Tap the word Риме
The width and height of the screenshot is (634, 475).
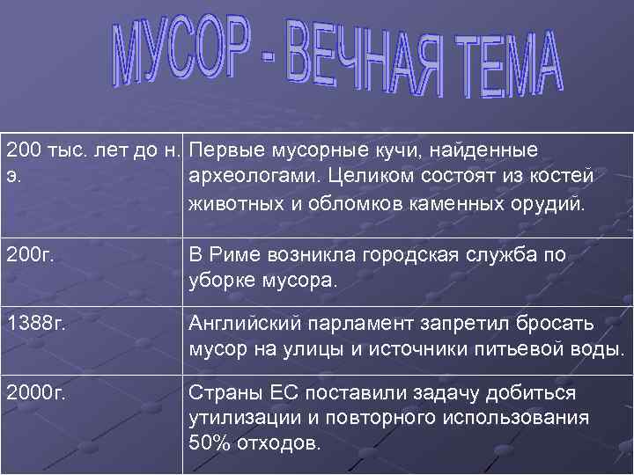pyautogui.click(x=232, y=255)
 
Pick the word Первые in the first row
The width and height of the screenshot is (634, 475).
pyautogui.click(x=223, y=149)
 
